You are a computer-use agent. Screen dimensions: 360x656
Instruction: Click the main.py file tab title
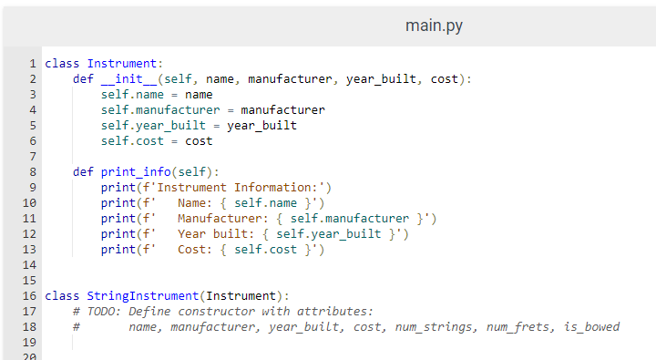point(434,26)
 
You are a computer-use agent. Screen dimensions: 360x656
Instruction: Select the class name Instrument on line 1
point(122,63)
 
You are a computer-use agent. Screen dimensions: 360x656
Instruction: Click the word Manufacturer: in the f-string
point(220,218)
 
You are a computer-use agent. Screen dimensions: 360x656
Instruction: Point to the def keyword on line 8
point(83,171)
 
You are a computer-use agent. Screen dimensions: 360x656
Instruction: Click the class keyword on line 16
point(62,295)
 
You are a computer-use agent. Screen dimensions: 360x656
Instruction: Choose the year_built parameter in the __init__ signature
point(381,78)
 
